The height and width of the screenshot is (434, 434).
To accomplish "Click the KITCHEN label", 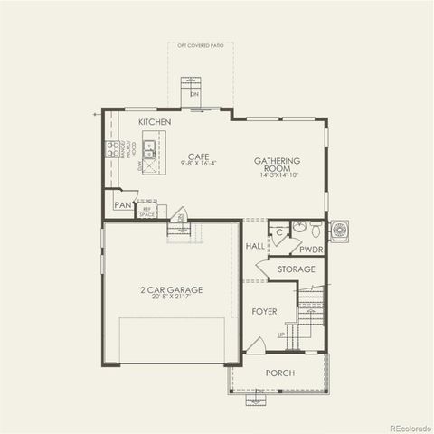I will tap(155, 121).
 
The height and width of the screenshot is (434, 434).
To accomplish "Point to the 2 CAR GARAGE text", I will tap(171, 289).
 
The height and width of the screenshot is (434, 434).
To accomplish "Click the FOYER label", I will tap(264, 311).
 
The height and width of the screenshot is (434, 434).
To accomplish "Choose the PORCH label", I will tap(279, 373).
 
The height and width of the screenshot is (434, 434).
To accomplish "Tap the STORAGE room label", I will tap(297, 269).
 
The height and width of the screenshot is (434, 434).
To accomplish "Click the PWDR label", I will tap(312, 248).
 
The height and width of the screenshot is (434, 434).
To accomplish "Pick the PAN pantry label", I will tap(123, 205).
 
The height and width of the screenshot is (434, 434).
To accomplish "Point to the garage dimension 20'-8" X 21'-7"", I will tap(171, 298).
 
